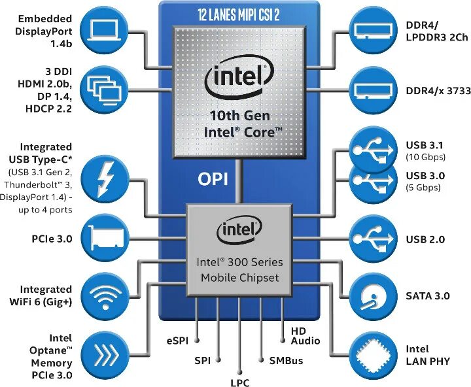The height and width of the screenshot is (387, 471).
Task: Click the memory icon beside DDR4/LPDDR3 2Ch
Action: tap(372, 31)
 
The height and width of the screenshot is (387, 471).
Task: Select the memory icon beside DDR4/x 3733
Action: tap(372, 88)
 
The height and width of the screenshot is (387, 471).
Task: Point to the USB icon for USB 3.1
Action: tap(372, 149)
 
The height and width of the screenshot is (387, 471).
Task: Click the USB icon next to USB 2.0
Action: tap(372, 239)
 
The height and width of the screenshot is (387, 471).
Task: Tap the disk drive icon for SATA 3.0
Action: tap(372, 296)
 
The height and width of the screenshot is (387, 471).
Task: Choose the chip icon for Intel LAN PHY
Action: tap(372, 354)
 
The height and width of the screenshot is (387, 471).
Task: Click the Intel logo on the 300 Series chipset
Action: tap(239, 229)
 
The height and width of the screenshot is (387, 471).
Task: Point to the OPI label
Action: tap(213, 178)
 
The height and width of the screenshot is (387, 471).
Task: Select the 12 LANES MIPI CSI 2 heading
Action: tap(239, 12)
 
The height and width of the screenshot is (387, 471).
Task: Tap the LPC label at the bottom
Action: tap(239, 383)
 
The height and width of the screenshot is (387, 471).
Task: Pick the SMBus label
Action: tap(286, 360)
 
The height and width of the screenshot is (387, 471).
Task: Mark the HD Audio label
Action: tap(305, 335)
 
